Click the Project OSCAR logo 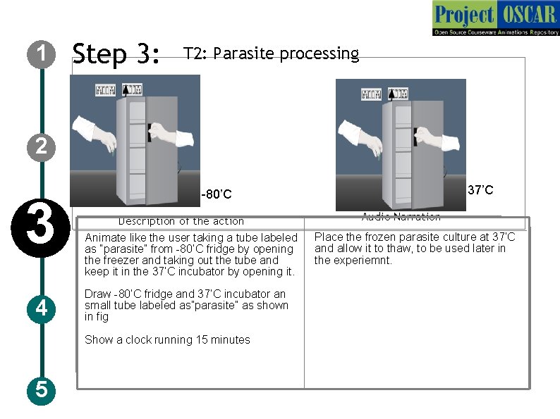[x=495, y=18]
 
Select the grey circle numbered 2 [x=42, y=146]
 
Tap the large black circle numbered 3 [x=42, y=226]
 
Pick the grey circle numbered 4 [x=42, y=307]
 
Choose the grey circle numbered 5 [x=42, y=389]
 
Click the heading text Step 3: [x=116, y=54]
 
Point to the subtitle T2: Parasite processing [x=271, y=54]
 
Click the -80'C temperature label [x=216, y=194]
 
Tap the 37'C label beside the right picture [x=480, y=190]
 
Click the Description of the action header [x=181, y=221]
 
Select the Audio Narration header [x=401, y=217]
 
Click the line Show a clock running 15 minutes [x=167, y=339]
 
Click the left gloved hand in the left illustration [x=95, y=133]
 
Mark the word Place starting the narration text [x=328, y=237]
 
